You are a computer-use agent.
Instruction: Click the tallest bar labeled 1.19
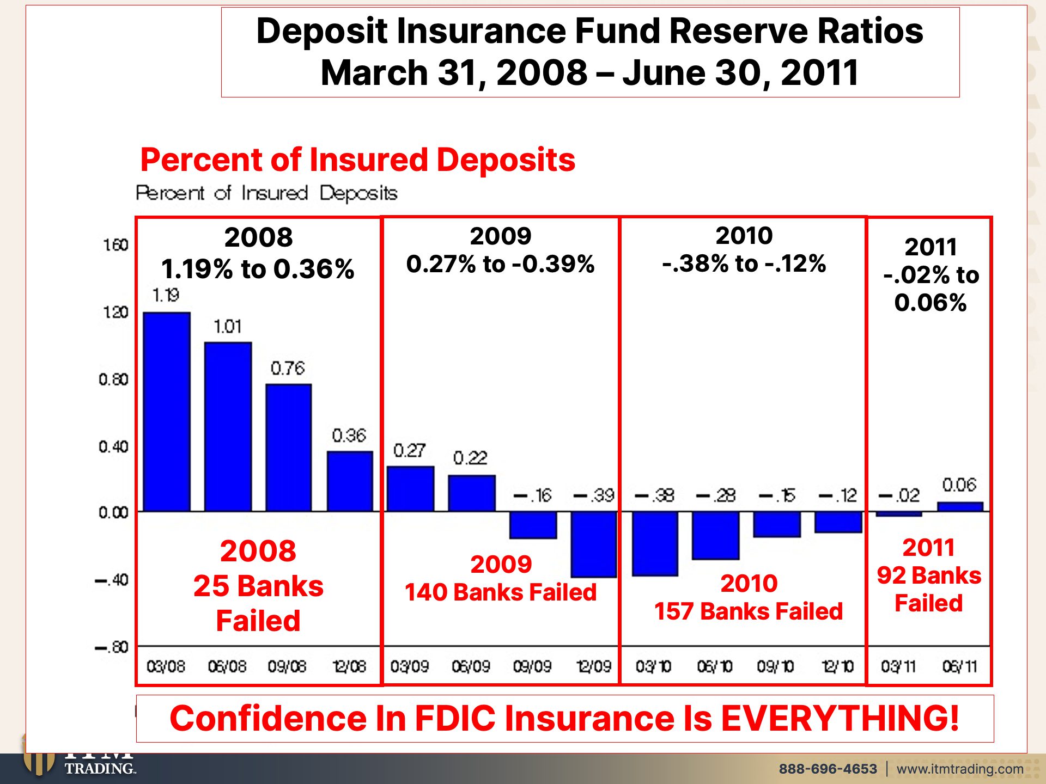point(167,412)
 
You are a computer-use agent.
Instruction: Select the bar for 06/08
point(228,427)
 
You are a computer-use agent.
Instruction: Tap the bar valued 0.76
point(289,448)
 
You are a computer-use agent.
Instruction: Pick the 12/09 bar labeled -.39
point(594,544)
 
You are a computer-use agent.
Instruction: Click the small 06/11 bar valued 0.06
point(960,507)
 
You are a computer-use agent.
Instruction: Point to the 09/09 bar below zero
point(533,525)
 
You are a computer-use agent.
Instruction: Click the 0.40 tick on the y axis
point(113,447)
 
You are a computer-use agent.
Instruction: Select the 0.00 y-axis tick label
point(113,512)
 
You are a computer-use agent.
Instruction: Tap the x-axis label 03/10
point(654,666)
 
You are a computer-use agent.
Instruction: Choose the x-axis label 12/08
point(349,666)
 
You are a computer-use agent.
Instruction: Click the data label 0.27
point(409,450)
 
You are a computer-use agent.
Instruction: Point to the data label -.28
point(716,495)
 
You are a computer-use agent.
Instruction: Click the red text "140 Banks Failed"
point(501,592)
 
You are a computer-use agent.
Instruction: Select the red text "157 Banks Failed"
point(749,611)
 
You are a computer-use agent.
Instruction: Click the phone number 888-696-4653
point(828,769)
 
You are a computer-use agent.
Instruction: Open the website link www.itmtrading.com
point(960,769)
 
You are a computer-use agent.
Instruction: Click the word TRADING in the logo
point(100,768)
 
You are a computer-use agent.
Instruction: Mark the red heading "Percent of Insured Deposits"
point(358,160)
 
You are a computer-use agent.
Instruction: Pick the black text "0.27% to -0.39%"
point(501,264)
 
